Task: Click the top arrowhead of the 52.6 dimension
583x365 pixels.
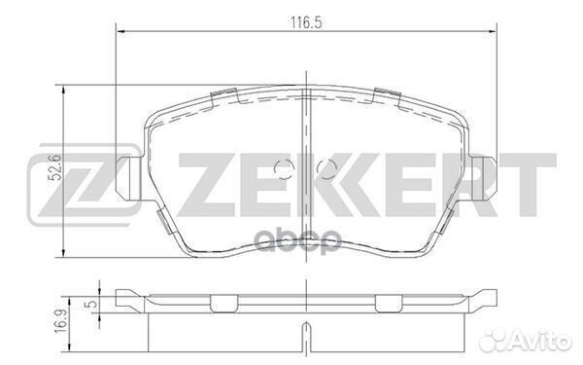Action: tap(64, 90)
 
